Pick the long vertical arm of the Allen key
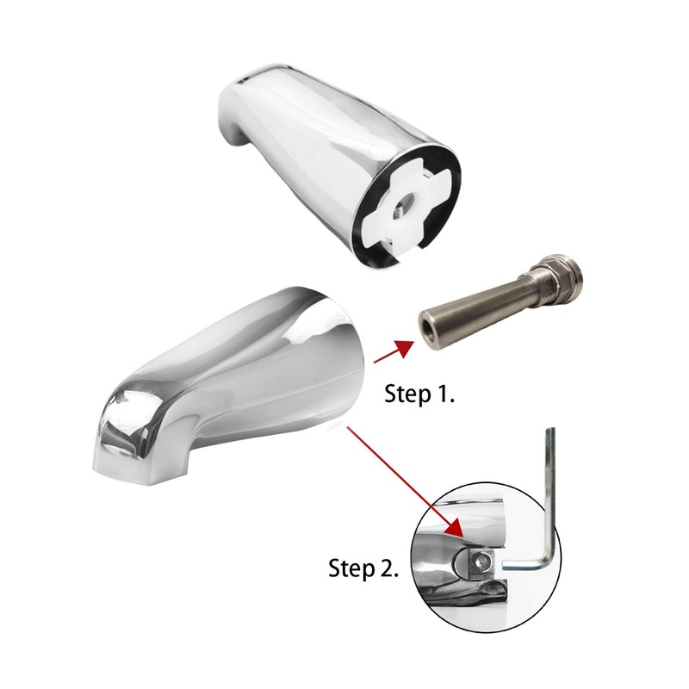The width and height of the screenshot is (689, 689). tap(552, 491)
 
